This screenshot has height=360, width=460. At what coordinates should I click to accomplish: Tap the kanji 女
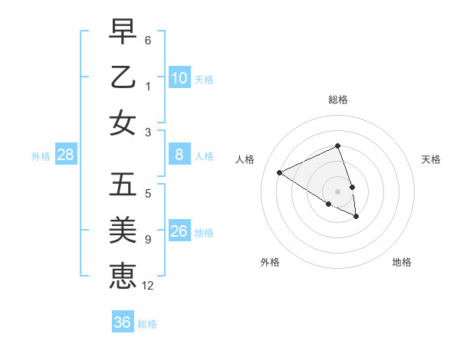123,123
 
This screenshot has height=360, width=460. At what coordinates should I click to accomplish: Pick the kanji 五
123,185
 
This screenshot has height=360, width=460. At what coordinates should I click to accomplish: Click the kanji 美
123,230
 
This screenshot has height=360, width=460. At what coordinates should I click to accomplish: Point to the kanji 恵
123,274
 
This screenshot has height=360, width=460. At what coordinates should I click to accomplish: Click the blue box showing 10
179,77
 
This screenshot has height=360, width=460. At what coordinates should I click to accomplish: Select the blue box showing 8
179,155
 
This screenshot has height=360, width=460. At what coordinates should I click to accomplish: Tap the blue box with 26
179,231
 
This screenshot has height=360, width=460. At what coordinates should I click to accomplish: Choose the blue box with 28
66,155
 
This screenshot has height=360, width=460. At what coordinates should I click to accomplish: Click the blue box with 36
123,322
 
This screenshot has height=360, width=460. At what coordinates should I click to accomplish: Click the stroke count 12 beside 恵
148,286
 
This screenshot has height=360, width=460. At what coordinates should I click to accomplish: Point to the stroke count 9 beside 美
148,241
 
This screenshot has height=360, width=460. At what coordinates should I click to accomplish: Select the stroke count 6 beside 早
148,40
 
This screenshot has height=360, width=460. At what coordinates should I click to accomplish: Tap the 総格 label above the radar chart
338,100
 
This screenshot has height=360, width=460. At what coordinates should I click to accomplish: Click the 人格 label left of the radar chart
245,159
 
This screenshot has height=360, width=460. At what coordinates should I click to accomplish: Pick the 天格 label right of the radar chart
431,159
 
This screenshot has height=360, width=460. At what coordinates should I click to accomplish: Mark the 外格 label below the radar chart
270,262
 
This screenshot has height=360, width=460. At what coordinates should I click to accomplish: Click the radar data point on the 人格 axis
280,172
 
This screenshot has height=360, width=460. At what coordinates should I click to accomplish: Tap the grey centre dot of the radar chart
338,191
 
